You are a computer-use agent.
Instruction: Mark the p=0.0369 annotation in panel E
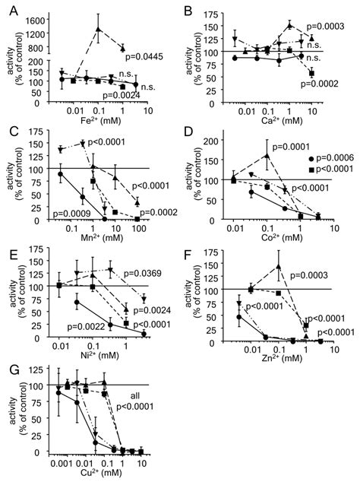[144, 272]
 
